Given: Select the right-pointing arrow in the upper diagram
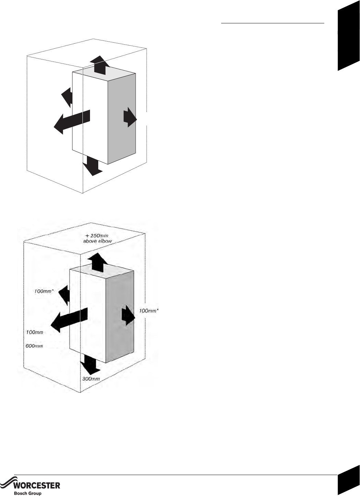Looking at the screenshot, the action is tap(130, 117).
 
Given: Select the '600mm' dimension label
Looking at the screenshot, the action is tap(34, 346).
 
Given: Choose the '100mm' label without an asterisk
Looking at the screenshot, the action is tap(34, 332).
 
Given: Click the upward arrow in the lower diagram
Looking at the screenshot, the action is tap(97, 261).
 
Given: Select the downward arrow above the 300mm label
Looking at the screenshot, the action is tap(90, 364).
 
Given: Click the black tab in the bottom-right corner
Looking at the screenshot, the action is tap(348, 485).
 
